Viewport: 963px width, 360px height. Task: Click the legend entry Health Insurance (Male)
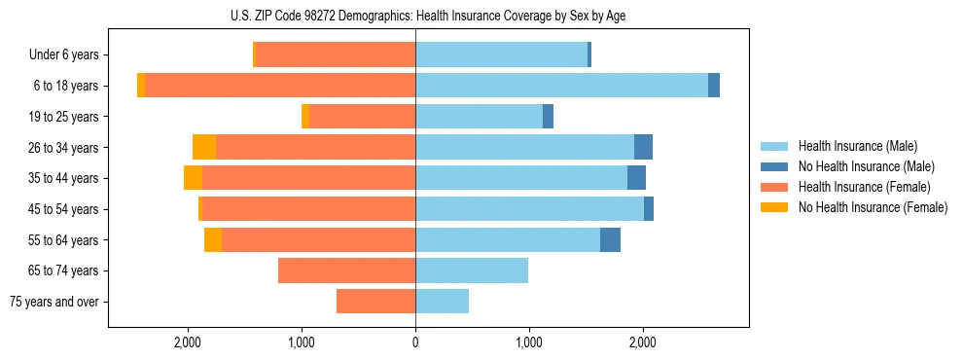click(857, 146)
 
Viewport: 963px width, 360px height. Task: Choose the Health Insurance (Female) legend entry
click(864, 187)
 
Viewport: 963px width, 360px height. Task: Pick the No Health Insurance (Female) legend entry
click(872, 207)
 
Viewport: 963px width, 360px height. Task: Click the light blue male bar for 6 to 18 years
click(561, 86)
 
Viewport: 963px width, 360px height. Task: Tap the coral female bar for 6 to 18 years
click(280, 86)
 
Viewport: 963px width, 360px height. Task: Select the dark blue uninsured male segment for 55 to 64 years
click(610, 240)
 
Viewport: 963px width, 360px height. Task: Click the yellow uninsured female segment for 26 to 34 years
click(204, 148)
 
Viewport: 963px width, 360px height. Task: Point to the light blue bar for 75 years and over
click(442, 302)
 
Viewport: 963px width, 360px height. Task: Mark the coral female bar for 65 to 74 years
click(346, 270)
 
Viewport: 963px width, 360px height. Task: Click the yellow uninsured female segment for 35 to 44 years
click(193, 178)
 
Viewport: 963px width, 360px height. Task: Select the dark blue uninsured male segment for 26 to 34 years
click(643, 148)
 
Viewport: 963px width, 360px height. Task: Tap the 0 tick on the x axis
click(415, 342)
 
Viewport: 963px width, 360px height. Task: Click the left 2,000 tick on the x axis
click(187, 342)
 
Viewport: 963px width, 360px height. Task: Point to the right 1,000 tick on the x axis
click(528, 342)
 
